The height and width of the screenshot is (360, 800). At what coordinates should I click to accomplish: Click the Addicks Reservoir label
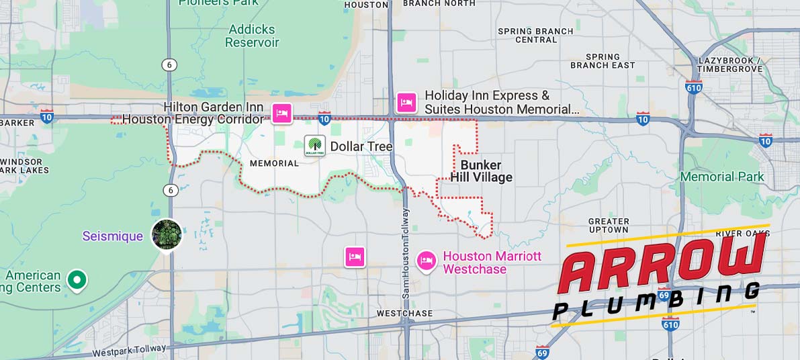click(252, 36)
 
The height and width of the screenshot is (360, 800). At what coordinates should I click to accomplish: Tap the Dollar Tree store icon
click(315, 146)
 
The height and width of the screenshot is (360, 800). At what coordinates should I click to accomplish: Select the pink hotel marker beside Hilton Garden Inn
click(281, 113)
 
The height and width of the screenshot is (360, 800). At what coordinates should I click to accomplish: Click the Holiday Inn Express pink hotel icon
click(406, 103)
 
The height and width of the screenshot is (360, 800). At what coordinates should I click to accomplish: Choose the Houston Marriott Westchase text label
click(492, 263)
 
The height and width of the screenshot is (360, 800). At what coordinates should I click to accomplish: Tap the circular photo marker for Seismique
click(167, 234)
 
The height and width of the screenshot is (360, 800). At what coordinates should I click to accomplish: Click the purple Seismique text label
click(113, 236)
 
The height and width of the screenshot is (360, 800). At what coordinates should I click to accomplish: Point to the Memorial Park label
click(722, 177)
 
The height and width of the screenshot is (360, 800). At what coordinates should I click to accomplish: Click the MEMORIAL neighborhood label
click(274, 163)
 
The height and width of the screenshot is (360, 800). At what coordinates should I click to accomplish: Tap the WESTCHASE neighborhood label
click(404, 314)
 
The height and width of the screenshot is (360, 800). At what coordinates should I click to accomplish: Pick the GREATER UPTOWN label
click(609, 225)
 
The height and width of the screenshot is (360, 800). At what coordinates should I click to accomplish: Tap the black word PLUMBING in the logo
click(655, 300)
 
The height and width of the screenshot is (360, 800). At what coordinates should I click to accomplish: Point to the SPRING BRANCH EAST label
click(603, 61)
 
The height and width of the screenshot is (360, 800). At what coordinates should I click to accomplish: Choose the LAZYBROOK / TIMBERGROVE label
click(730, 64)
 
